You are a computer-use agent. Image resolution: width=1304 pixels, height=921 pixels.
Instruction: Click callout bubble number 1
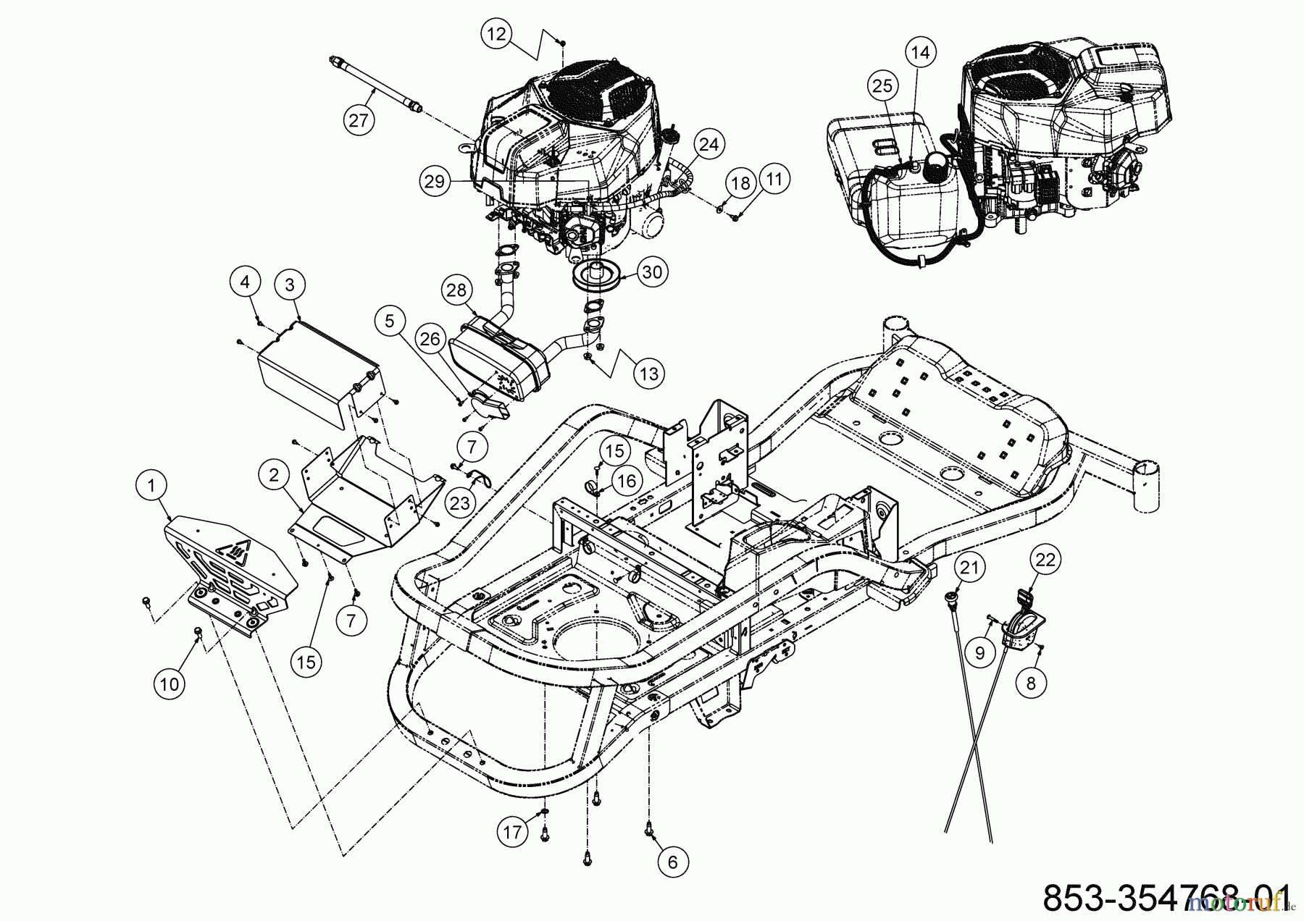(x=151, y=486)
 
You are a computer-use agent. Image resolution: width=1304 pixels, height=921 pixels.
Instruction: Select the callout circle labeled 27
(x=359, y=119)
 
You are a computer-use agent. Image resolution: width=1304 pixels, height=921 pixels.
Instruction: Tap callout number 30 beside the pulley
(x=652, y=272)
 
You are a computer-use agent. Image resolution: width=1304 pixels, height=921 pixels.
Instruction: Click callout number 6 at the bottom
(x=673, y=861)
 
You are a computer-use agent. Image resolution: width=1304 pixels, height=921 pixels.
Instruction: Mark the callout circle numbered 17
(x=512, y=832)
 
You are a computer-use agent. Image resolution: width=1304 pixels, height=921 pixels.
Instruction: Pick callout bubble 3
(x=290, y=285)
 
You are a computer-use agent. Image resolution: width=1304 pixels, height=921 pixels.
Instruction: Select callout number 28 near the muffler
(x=456, y=290)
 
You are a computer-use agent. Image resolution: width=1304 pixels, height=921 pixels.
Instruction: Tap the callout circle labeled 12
(x=499, y=34)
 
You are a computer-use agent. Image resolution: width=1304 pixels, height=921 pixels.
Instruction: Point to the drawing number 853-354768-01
(x=1166, y=898)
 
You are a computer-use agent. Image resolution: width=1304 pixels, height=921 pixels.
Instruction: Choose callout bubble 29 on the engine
(x=434, y=182)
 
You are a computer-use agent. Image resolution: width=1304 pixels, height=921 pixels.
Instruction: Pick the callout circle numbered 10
(x=169, y=683)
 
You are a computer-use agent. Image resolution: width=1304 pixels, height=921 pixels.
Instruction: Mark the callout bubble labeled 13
(x=648, y=373)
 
